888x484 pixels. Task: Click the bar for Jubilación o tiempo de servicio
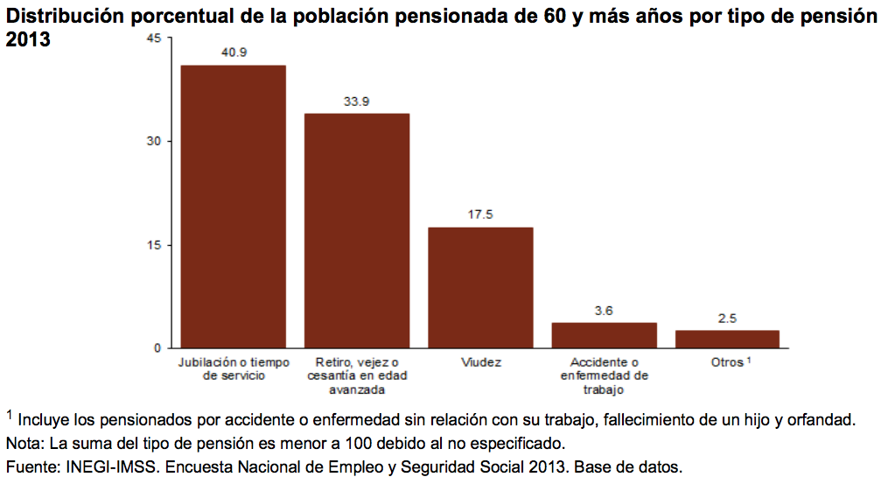pyautogui.click(x=233, y=207)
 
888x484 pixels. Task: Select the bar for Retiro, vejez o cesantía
pyautogui.click(x=356, y=230)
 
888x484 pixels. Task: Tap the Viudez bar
pyautogui.click(x=480, y=287)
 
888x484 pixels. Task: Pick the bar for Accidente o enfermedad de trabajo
pyautogui.click(x=604, y=335)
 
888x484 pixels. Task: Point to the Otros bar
pyautogui.click(x=727, y=339)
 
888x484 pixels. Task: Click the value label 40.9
pyautogui.click(x=234, y=53)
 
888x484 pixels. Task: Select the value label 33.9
pyautogui.click(x=356, y=102)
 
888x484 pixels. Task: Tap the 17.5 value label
pyautogui.click(x=480, y=214)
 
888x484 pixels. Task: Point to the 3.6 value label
pyautogui.click(x=604, y=310)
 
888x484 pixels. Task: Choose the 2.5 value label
pyautogui.click(x=727, y=318)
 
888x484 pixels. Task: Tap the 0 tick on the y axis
pyautogui.click(x=157, y=348)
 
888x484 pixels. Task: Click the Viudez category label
pyautogui.click(x=480, y=362)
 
